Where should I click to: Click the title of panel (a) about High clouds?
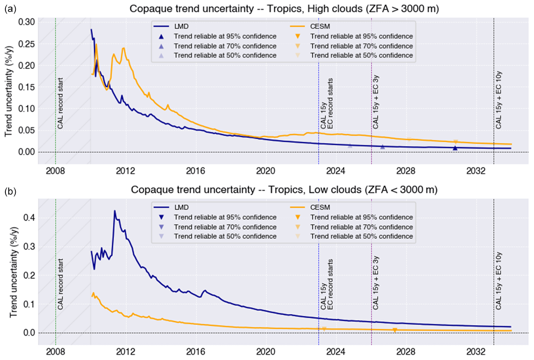pos(284,9)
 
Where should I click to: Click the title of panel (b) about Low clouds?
pos(284,190)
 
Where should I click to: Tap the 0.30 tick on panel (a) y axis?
pos(27,22)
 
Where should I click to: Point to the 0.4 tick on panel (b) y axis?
pos(30,217)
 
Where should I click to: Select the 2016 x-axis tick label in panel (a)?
pos(195,171)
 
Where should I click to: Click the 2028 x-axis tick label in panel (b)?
pos(406,352)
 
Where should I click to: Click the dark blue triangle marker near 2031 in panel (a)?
pos(455,148)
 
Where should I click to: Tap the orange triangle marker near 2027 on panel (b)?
pos(395,330)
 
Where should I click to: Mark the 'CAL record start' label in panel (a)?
pos(60,103)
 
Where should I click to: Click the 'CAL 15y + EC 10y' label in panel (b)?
pos(499,281)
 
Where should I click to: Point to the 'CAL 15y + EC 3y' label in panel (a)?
pos(376,102)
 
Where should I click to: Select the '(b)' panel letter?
pos(10,190)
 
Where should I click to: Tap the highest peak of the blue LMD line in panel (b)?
pos(115,211)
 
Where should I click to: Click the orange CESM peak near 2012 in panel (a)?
pos(124,48)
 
